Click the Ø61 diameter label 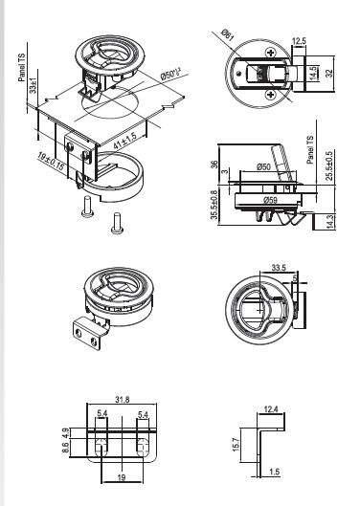228,34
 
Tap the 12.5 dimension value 299,41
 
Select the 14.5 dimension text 312,74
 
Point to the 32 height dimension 328,74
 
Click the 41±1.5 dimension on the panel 124,141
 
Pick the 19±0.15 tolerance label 51,161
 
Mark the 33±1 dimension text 33,85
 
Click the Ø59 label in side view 270,200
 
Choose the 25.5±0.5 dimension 329,165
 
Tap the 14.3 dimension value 329,221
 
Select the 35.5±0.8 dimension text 214,205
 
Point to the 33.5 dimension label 279,268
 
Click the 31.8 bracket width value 123,400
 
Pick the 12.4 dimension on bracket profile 271,409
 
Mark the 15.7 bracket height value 236,445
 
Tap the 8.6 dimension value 65,448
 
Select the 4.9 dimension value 65,432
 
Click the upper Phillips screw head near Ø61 270,53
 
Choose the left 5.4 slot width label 102,413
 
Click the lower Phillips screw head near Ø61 270,95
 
